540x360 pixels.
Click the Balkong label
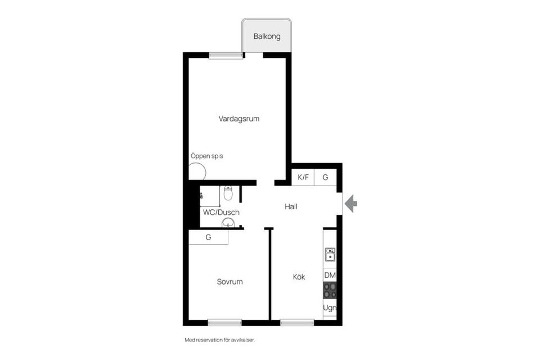pyautogui.click(x=267, y=37)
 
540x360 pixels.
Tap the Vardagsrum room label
pyautogui.click(x=239, y=119)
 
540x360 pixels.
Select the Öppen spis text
pyautogui.click(x=206, y=156)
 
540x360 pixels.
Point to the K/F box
pyautogui.click(x=303, y=177)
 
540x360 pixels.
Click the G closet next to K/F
pyautogui.click(x=325, y=177)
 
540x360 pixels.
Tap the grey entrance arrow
pyautogui.click(x=350, y=203)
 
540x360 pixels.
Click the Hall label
pyautogui.click(x=291, y=206)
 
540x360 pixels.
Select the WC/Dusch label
pyautogui.click(x=221, y=212)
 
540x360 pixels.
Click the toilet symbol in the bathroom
pyautogui.click(x=228, y=193)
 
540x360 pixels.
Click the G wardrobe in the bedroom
pyautogui.click(x=208, y=237)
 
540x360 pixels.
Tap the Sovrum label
pyautogui.click(x=229, y=281)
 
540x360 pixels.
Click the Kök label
pyautogui.click(x=299, y=277)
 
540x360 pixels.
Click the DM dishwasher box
pyautogui.click(x=330, y=275)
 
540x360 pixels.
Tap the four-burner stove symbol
pyautogui.click(x=330, y=291)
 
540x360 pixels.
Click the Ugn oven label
pyautogui.click(x=330, y=308)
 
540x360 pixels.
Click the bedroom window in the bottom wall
pyautogui.click(x=224, y=322)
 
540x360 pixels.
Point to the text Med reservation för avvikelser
pyautogui.click(x=223, y=340)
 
